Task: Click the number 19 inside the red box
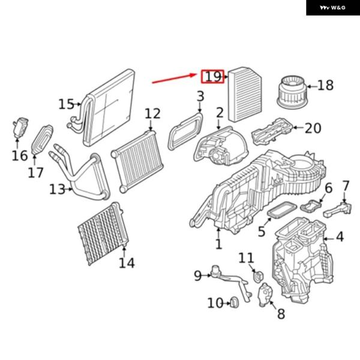tap(212, 76)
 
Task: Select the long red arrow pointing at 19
tap(174, 79)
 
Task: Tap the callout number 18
tap(325, 85)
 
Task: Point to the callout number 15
tap(67, 104)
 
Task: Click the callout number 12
tap(152, 113)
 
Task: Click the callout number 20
tap(313, 128)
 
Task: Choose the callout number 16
tap(20, 155)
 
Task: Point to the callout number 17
tap(35, 173)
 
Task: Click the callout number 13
tap(57, 190)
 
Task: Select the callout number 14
tap(127, 262)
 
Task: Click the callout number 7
tap(346, 186)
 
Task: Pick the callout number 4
tap(340, 237)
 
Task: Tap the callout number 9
tap(198, 276)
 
